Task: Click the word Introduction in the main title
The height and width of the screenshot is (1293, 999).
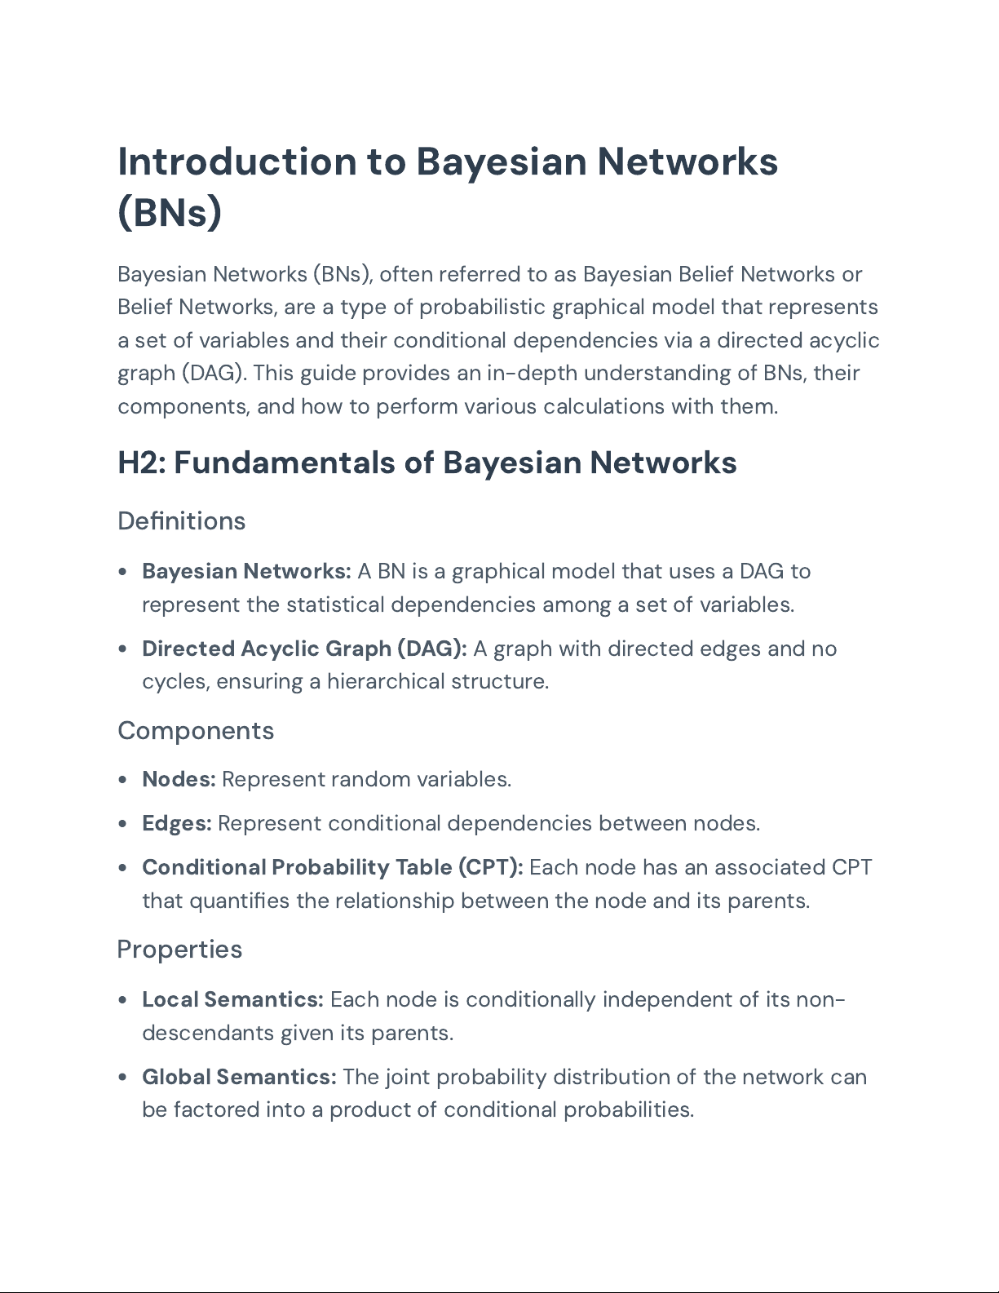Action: click(x=236, y=162)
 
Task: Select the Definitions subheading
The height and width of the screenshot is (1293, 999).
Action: click(x=181, y=520)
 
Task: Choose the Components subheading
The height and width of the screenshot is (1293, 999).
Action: click(x=196, y=730)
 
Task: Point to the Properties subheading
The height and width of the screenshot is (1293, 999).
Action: click(x=179, y=949)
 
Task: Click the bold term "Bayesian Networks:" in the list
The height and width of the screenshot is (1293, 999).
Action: click(x=246, y=571)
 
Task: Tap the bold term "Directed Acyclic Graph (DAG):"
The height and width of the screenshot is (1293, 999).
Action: click(x=304, y=649)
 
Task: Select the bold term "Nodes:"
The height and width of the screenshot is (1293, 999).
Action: click(x=179, y=779)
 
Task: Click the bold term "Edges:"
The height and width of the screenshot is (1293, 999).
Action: click(x=177, y=823)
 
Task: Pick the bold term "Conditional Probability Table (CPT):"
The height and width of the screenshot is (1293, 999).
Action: click(x=333, y=867)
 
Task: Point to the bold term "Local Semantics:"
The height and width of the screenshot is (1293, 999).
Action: click(x=232, y=999)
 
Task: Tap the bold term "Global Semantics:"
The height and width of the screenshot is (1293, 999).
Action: click(x=239, y=1077)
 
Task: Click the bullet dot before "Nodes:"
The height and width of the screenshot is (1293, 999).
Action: click(x=122, y=780)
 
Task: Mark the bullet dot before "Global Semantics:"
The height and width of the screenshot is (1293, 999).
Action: click(x=122, y=1078)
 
